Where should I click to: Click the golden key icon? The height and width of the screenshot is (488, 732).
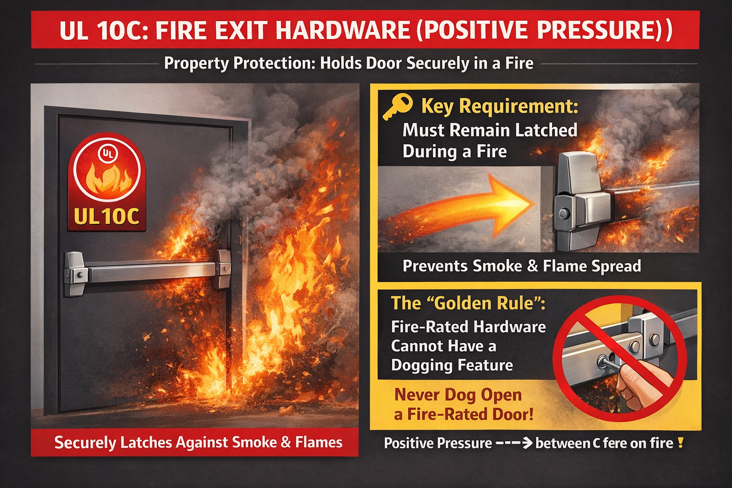tap(397, 107)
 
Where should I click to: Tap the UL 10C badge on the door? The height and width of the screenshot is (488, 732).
tap(107, 182)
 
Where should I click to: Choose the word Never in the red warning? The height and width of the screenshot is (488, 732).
tap(417, 395)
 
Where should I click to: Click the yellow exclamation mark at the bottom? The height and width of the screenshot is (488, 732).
tap(681, 443)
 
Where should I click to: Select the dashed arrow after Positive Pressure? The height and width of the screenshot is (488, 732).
tap(514, 443)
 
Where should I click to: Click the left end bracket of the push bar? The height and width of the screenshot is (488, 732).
tap(75, 273)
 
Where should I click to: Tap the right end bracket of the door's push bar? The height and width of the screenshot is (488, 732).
tap(223, 269)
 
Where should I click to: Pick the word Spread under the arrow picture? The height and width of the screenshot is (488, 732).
tap(617, 266)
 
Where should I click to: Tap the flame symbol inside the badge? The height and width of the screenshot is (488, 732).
tap(108, 180)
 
